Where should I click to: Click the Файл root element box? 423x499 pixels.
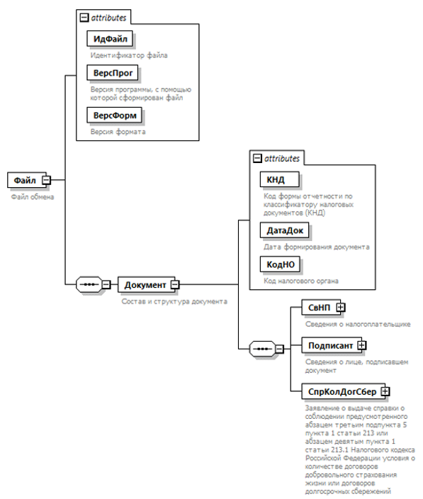click(26, 180)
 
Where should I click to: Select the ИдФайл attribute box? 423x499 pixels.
click(110, 39)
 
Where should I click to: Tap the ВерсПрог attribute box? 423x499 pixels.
click(112, 73)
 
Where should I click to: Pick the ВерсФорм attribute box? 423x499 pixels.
click(115, 116)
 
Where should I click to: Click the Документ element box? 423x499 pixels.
click(146, 284)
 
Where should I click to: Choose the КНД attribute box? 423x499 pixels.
click(280, 180)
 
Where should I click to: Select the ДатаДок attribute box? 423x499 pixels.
click(285, 230)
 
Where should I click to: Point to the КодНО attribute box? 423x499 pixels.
click(280, 264)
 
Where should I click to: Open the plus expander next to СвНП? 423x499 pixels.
click(341, 308)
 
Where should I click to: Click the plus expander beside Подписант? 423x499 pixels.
click(362, 345)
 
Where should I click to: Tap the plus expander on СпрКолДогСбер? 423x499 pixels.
click(385, 391)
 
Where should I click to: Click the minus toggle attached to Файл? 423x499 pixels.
click(47, 180)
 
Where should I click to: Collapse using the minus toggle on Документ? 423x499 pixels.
click(175, 284)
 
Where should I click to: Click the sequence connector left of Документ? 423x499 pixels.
click(89, 284)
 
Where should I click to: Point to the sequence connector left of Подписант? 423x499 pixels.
click(262, 349)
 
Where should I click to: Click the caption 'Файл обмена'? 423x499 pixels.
click(33, 197)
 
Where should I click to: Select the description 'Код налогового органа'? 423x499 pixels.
click(301, 281)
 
